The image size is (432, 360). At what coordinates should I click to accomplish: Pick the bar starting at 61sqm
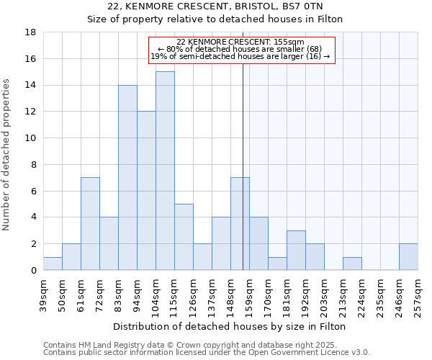pyautogui.click(x=90, y=223)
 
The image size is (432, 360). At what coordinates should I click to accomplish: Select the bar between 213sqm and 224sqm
pyautogui.click(x=352, y=264)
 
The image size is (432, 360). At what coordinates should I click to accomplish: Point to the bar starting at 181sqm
pyautogui.click(x=296, y=250)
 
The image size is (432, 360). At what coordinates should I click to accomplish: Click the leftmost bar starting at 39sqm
pyautogui.click(x=53, y=264)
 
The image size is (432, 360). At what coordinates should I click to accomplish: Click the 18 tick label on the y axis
pyautogui.click(x=31, y=32)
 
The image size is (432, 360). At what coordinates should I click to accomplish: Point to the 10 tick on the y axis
pyautogui.click(x=31, y=138)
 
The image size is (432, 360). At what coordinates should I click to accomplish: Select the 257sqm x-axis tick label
pyautogui.click(x=418, y=293)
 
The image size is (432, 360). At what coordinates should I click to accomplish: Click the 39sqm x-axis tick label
pyautogui.click(x=43, y=293)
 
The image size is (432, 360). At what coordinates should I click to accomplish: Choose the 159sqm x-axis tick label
pyautogui.click(x=249, y=293)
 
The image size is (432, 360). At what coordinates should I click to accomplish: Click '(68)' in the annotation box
pyautogui.click(x=319, y=49)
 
